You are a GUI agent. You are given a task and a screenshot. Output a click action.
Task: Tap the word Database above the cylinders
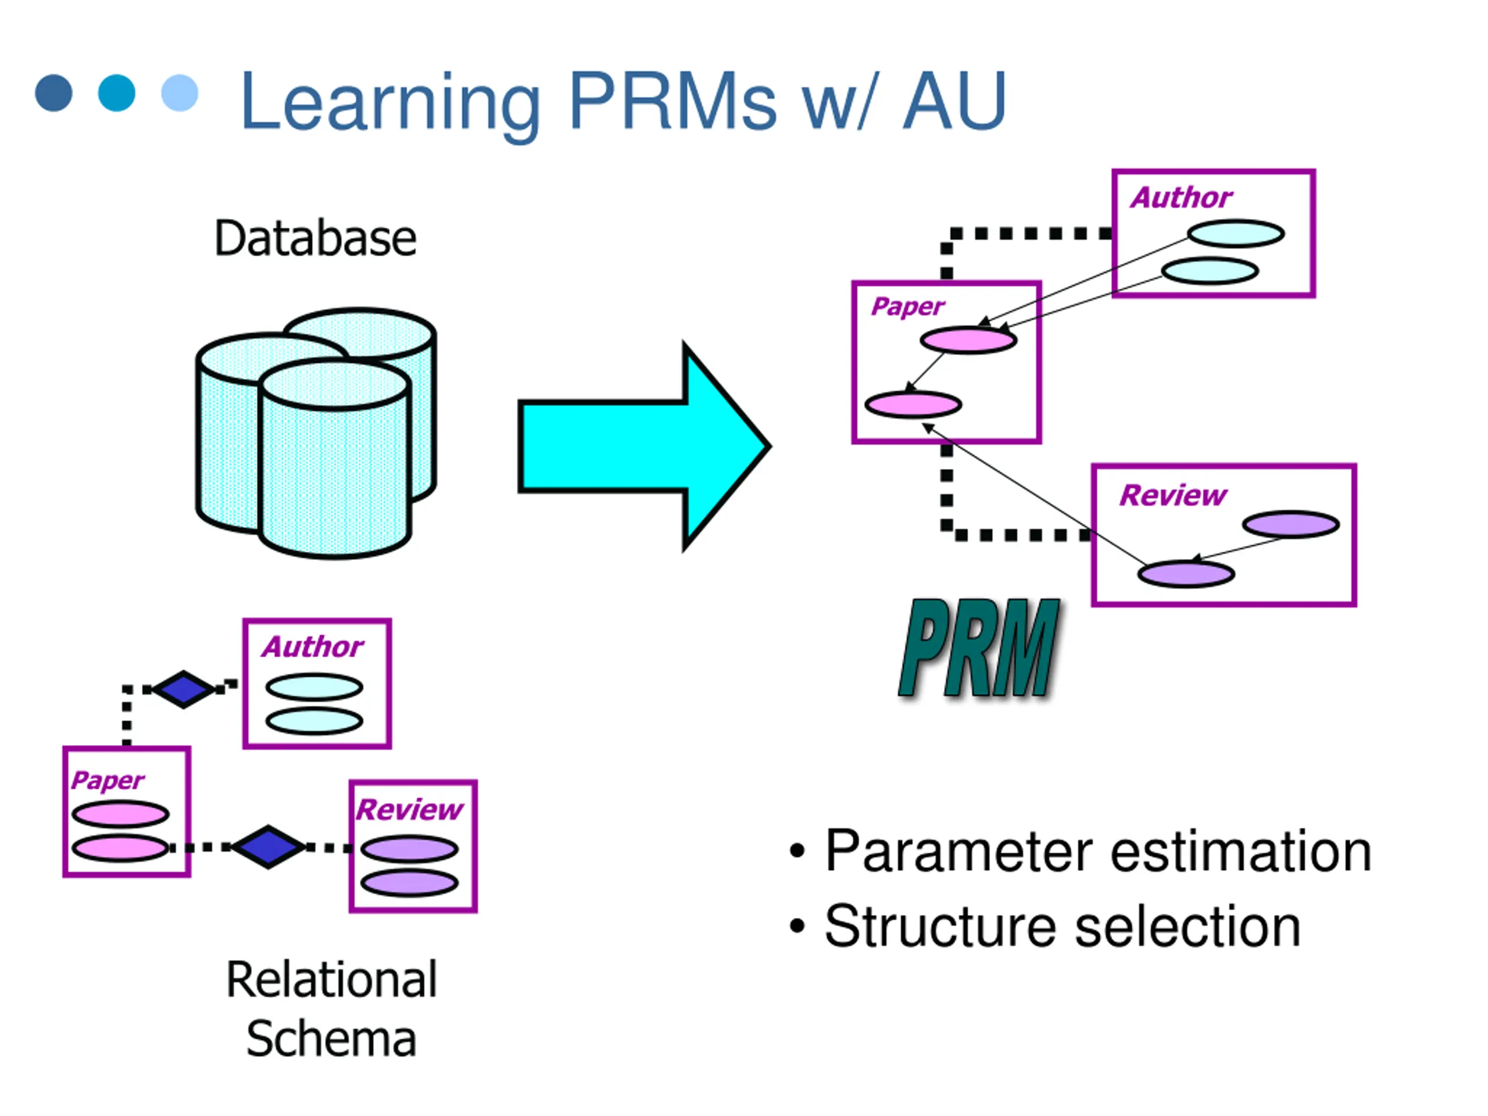(316, 238)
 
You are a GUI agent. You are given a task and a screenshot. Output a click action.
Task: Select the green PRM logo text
(979, 649)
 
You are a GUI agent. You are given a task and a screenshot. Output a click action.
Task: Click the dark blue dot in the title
(54, 93)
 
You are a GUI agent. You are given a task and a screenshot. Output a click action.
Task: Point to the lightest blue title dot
(180, 93)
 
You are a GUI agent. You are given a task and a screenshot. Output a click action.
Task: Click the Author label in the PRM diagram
(1181, 198)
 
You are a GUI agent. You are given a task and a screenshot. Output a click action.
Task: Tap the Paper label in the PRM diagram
(908, 307)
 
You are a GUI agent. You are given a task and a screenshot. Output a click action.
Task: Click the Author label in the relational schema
(313, 647)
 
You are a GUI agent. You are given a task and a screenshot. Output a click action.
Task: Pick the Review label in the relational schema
(410, 810)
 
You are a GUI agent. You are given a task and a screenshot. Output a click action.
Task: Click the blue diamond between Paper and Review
(269, 847)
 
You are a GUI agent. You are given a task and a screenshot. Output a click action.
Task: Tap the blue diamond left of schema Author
(184, 689)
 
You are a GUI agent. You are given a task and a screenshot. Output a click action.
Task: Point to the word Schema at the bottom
(332, 1039)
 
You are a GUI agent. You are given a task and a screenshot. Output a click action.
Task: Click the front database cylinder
(334, 459)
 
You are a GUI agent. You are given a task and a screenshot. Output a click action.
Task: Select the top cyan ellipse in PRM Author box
(1236, 234)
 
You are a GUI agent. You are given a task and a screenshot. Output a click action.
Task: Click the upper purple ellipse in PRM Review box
(1290, 525)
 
